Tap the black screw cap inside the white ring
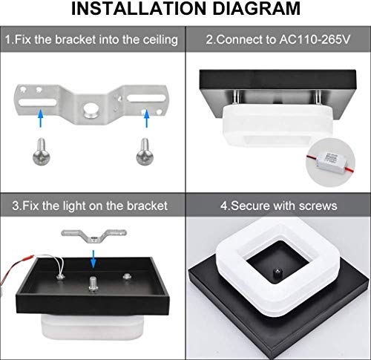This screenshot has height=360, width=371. point(276,273)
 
